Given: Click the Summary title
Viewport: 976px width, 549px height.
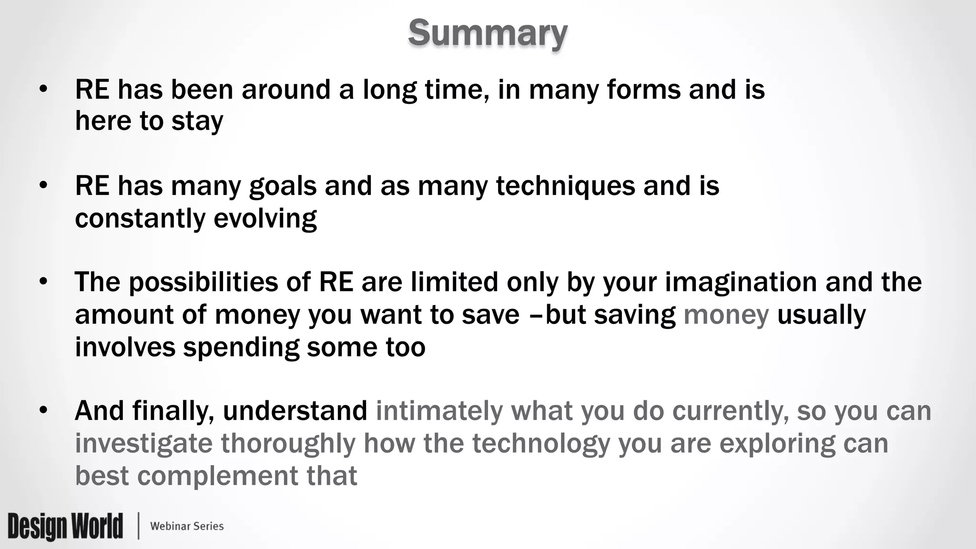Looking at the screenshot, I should [x=488, y=33].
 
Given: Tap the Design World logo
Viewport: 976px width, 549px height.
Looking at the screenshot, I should [x=65, y=526].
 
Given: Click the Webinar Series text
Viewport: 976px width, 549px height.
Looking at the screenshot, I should [x=187, y=526].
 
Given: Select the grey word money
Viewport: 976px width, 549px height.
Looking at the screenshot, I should [x=726, y=315].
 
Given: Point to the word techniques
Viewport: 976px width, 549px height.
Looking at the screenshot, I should [x=565, y=186].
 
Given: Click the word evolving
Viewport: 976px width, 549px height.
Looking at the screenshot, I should [x=265, y=219].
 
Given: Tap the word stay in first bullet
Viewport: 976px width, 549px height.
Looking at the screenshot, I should [x=197, y=121].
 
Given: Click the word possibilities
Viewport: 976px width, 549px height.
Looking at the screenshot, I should [x=203, y=282].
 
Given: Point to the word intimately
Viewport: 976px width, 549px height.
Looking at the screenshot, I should [x=439, y=411].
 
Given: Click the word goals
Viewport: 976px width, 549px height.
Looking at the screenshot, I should [x=283, y=186].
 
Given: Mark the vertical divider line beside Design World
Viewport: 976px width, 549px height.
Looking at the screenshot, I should [x=139, y=526].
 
